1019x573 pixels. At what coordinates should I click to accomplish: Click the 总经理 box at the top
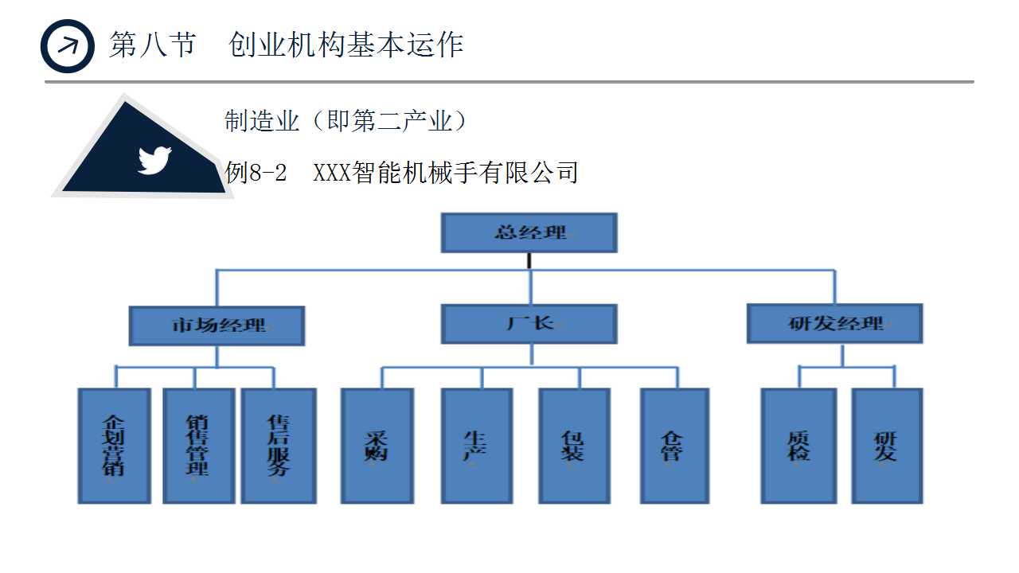pyautogui.click(x=529, y=232)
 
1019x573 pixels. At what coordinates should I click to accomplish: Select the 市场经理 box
pyautogui.click(x=217, y=325)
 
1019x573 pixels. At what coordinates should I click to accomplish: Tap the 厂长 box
pyautogui.click(x=529, y=324)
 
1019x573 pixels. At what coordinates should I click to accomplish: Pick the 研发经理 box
pyautogui.click(x=834, y=324)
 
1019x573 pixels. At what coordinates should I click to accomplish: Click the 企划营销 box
pyautogui.click(x=114, y=446)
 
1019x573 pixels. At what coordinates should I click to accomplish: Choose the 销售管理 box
pyautogui.click(x=198, y=446)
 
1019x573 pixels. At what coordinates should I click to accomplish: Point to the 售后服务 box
pyautogui.click(x=279, y=446)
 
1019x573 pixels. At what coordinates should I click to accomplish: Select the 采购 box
pyautogui.click(x=377, y=446)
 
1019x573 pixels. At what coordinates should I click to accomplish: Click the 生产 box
pyautogui.click(x=476, y=446)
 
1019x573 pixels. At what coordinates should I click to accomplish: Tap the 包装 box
pyautogui.click(x=574, y=446)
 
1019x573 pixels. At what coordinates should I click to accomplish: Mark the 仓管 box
pyautogui.click(x=674, y=446)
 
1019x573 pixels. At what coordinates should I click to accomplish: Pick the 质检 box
pyautogui.click(x=798, y=446)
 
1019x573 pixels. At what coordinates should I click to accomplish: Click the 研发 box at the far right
pyautogui.click(x=887, y=446)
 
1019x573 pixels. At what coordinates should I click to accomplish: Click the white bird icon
pyautogui.click(x=154, y=160)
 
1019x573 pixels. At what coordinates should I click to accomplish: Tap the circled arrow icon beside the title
pyautogui.click(x=68, y=45)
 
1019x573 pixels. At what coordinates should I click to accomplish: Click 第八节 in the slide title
pyautogui.click(x=152, y=45)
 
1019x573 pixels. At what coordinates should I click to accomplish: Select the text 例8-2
pyautogui.click(x=256, y=172)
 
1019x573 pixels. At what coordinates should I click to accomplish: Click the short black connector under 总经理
pyautogui.click(x=529, y=260)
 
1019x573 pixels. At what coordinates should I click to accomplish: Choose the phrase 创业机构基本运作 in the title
pyautogui.click(x=346, y=45)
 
